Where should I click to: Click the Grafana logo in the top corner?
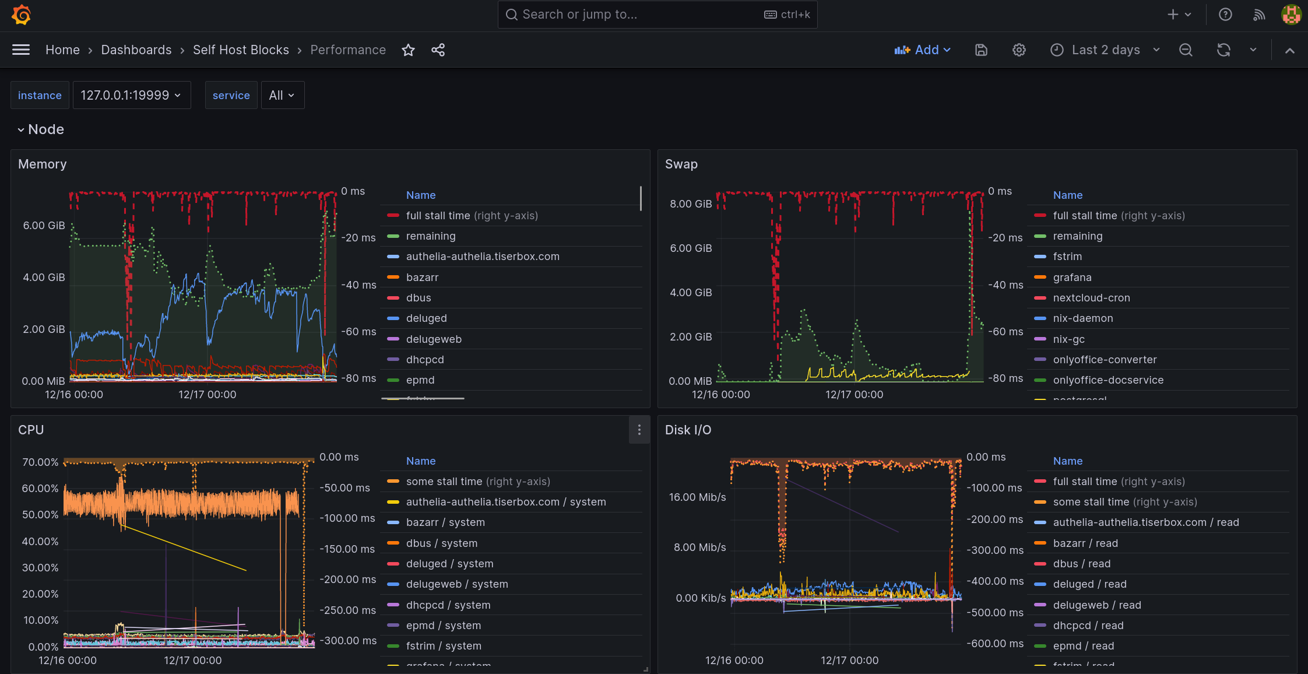(21, 15)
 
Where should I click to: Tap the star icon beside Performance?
(408, 50)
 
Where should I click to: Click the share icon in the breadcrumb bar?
(438, 50)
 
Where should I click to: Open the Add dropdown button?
(923, 50)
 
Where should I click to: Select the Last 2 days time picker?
(1105, 50)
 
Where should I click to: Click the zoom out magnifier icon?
(1186, 50)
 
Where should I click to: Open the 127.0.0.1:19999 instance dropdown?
(131, 95)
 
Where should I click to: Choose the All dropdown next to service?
(282, 95)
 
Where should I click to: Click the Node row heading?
(46, 129)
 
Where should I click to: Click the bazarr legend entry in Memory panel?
(422, 278)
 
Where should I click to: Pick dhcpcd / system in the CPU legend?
(448, 605)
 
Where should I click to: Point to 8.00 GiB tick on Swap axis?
(691, 204)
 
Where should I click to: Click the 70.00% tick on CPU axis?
(40, 462)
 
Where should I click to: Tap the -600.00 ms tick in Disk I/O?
(994, 644)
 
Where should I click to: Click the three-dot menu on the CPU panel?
(639, 430)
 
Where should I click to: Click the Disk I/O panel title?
(688, 430)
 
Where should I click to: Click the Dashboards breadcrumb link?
(136, 50)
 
